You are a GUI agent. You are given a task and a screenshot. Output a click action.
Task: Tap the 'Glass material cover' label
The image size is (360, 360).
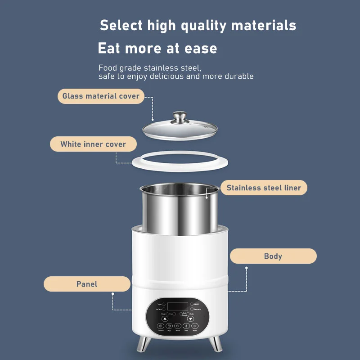point(101,96)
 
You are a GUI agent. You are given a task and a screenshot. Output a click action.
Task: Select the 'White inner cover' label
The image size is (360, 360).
point(93,144)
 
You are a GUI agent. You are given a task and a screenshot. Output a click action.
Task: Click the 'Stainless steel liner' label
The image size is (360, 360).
point(264,188)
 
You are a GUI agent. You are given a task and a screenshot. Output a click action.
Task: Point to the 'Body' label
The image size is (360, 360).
point(273,256)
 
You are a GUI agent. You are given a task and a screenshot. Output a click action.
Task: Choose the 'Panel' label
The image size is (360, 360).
point(86,284)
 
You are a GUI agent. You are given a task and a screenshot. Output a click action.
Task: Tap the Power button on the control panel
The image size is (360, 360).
point(195,326)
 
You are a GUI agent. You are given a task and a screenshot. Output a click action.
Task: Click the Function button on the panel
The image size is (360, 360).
point(161,326)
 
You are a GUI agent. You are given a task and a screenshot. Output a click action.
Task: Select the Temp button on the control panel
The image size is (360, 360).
point(186,326)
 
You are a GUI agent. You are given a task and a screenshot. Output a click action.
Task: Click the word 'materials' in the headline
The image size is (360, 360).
point(264,25)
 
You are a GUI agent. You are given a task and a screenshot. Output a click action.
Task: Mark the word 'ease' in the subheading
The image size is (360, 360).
point(201,48)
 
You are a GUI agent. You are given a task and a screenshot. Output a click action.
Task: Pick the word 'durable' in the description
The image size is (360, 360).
point(239,76)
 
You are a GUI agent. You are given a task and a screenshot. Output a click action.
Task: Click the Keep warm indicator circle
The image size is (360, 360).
point(192,309)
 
